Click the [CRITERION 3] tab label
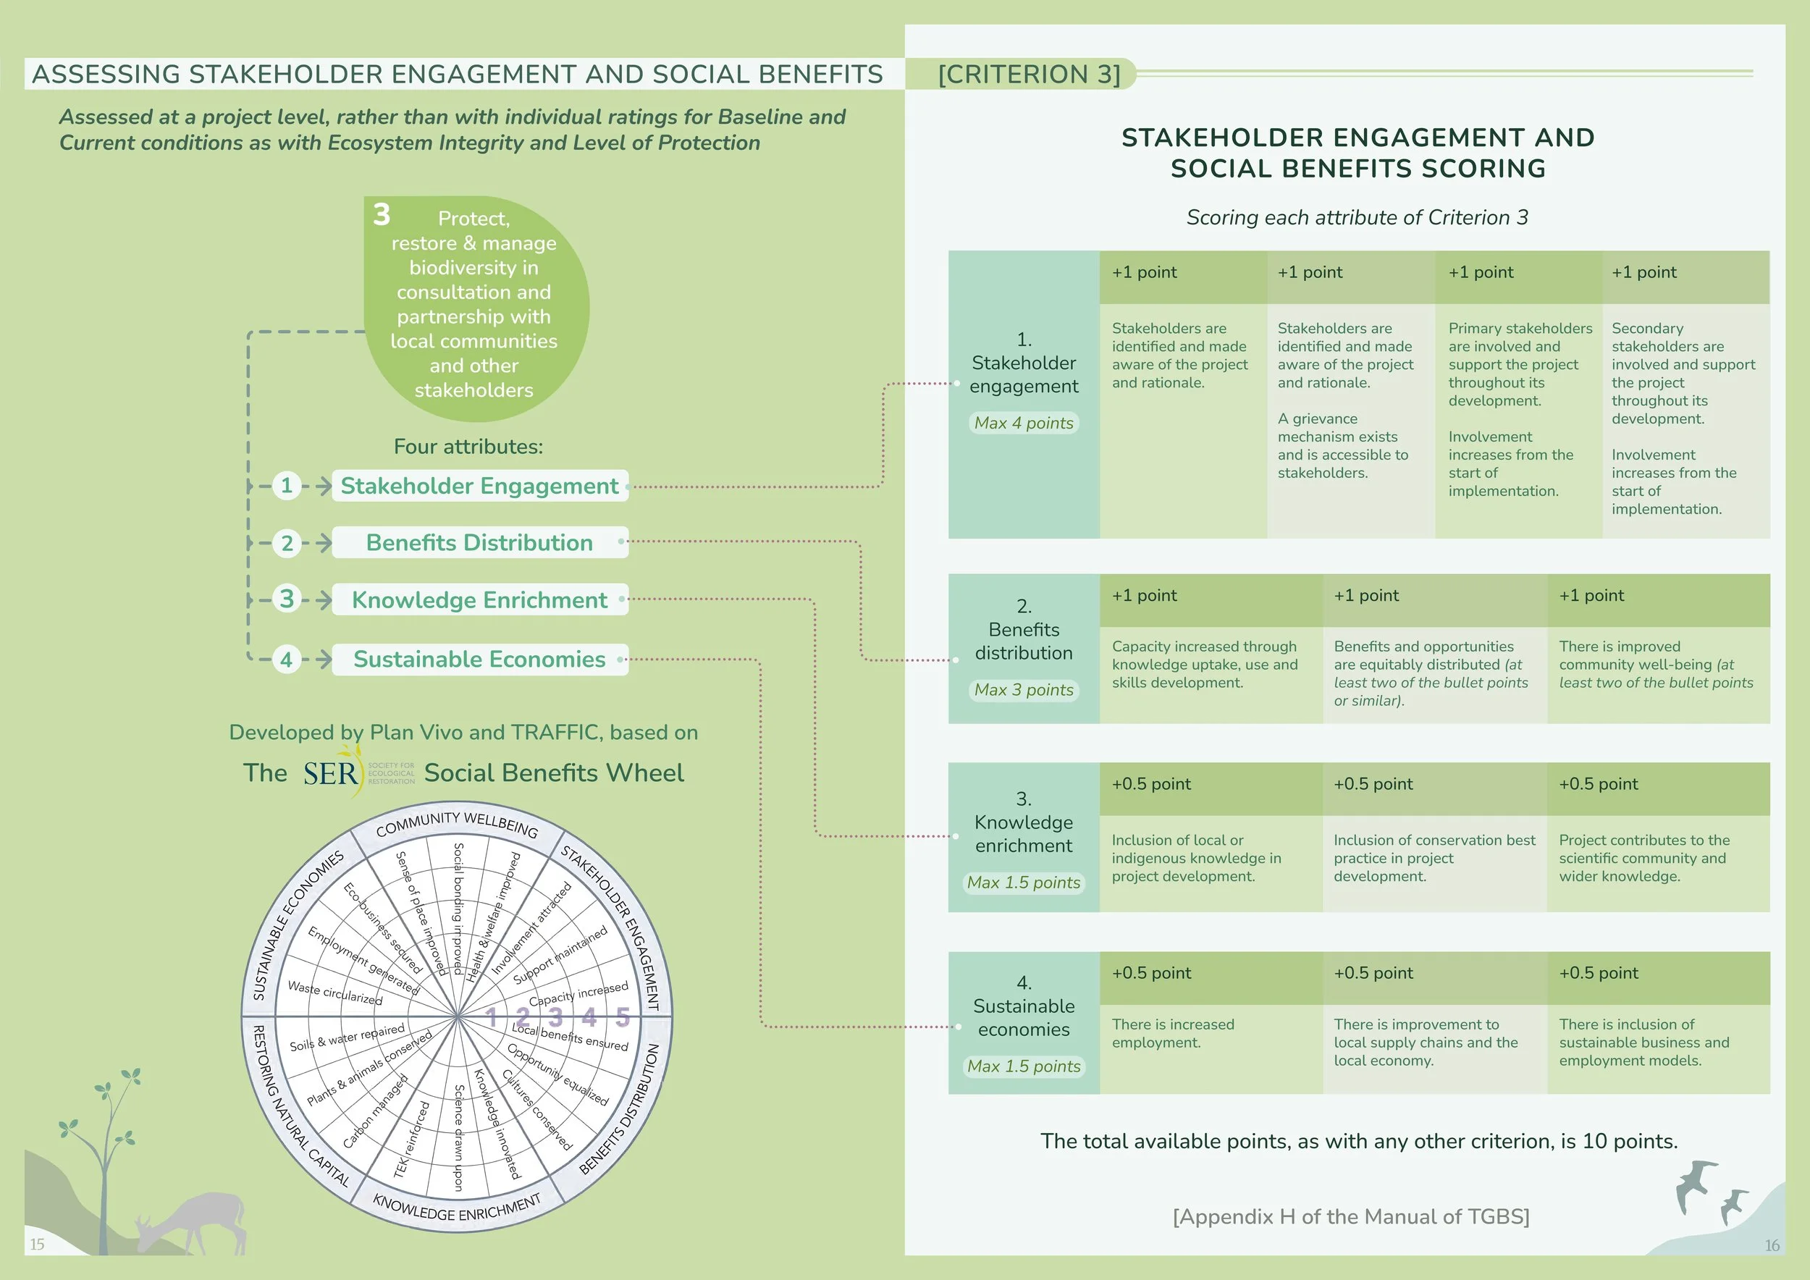tap(1029, 74)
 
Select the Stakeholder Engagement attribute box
tap(479, 486)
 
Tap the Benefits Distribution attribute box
tap(479, 542)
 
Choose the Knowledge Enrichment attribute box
tap(479, 599)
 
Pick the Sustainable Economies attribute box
tap(479, 659)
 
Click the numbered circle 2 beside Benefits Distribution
tap(287, 543)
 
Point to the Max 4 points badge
tap(1023, 424)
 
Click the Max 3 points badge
tap(1023, 690)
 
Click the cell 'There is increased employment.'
tap(1210, 1048)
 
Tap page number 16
tap(1772, 1245)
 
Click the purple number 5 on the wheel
tap(623, 1016)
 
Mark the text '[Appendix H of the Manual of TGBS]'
tap(1350, 1217)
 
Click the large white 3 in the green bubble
tap(382, 214)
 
